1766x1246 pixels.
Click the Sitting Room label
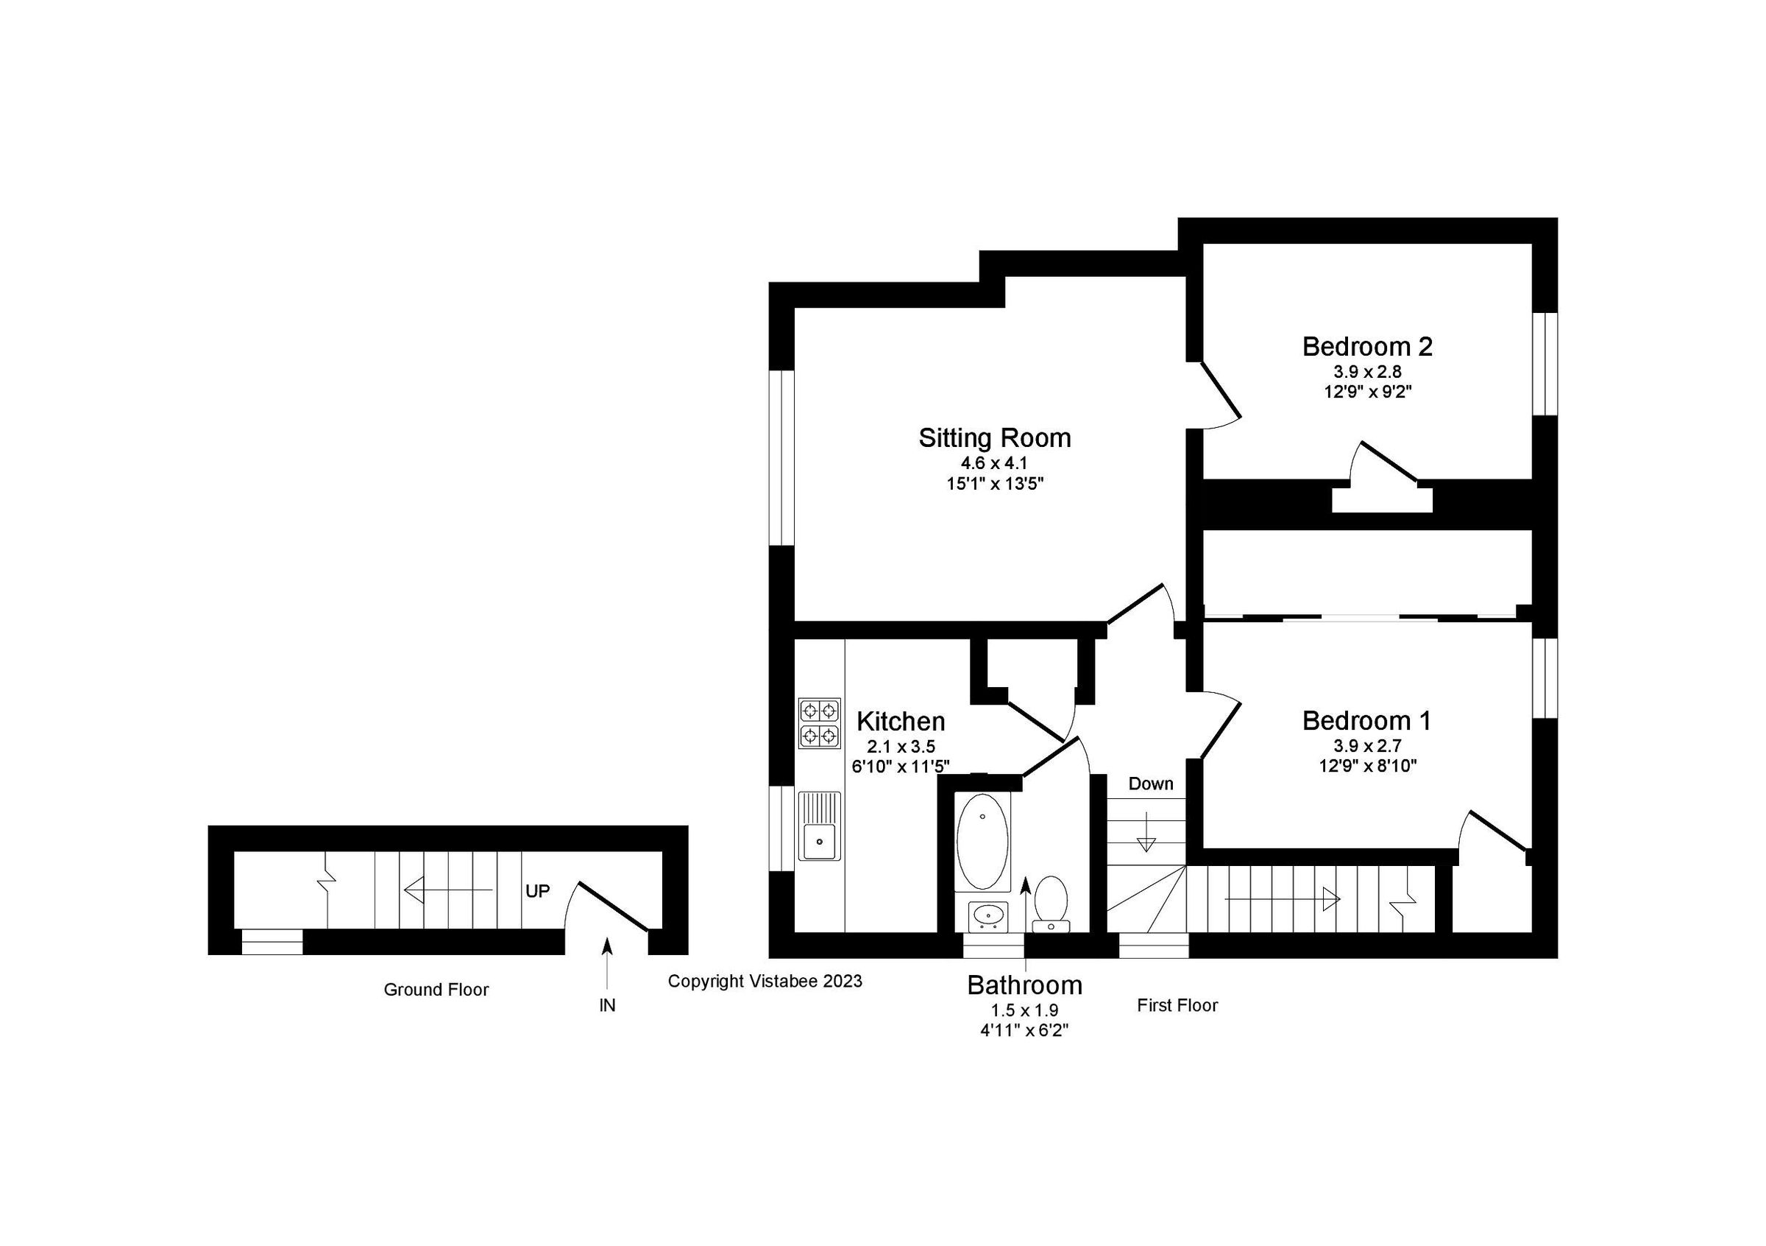994,438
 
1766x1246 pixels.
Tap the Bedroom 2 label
1366,346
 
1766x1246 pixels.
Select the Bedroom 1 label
1366,720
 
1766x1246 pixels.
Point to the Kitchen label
900,721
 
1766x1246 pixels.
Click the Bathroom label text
1024,985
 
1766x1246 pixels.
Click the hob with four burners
818,722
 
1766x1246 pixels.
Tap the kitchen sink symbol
820,825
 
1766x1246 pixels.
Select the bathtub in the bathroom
982,842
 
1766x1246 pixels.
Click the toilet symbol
1050,903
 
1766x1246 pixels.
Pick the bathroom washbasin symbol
987,916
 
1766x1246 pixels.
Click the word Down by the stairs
1150,784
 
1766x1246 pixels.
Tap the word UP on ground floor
537,890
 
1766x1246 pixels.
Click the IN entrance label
607,1005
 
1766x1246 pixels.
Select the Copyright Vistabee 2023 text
765,981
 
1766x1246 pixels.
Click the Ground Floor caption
436,990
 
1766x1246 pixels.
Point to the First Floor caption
1177,1005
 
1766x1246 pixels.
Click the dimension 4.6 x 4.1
994,463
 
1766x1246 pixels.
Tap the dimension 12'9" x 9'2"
1366,391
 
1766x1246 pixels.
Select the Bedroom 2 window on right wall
1545,364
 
